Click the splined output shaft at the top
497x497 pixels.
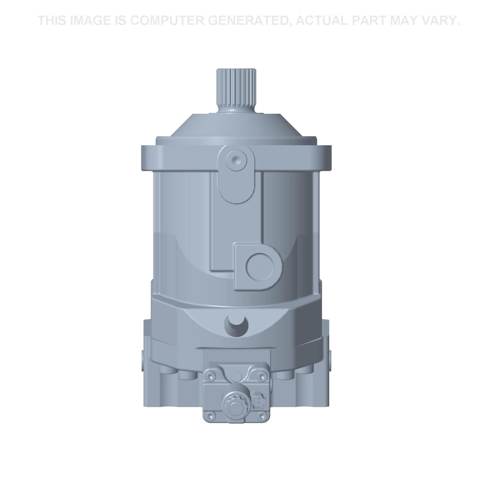tap(236, 90)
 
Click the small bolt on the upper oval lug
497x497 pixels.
tap(236, 160)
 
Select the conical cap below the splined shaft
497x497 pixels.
tap(236, 126)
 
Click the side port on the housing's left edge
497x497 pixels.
tap(142, 360)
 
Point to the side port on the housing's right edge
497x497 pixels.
tap(330, 360)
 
